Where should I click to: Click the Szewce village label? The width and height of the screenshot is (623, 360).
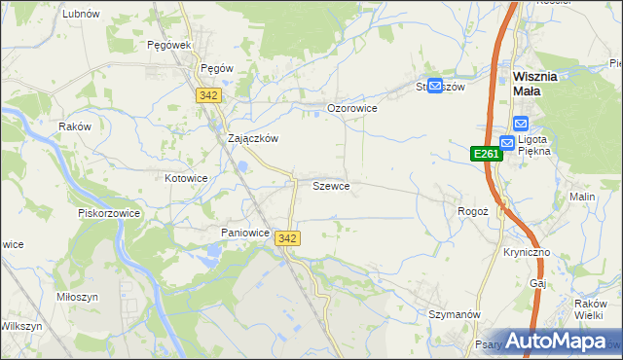pyautogui.click(x=331, y=185)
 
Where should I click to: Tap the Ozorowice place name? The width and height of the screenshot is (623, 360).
pyautogui.click(x=351, y=108)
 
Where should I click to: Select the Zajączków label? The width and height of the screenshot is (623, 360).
pyautogui.click(x=253, y=138)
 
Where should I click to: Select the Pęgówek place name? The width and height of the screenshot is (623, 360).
pyautogui.click(x=167, y=45)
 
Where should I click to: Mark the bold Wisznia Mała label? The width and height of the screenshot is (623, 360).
pyautogui.click(x=548, y=83)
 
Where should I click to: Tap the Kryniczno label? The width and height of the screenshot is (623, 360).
pyautogui.click(x=527, y=252)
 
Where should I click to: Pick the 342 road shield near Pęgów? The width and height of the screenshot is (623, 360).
pyautogui.click(x=207, y=95)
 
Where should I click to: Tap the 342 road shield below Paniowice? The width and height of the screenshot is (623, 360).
pyautogui.click(x=287, y=238)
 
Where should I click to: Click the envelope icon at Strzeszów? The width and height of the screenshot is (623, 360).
pyautogui.click(x=435, y=86)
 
